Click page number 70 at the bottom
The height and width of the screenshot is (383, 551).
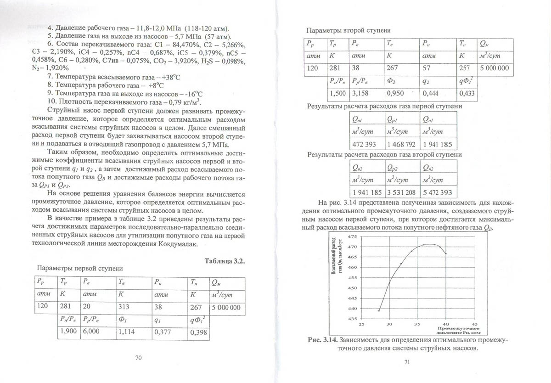click(x=140, y=358)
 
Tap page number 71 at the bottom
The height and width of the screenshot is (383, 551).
click(x=407, y=363)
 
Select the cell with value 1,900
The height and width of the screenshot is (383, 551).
click(x=68, y=332)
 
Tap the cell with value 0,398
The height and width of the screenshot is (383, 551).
click(x=199, y=332)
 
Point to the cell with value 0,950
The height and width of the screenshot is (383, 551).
click(x=395, y=94)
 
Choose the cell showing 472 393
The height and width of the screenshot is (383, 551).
click(x=364, y=144)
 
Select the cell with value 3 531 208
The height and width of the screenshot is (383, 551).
click(x=401, y=191)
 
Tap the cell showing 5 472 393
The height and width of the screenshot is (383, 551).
click(x=439, y=191)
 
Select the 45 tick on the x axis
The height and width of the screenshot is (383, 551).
click(x=475, y=324)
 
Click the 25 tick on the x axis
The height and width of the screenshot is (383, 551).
click(x=361, y=324)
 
